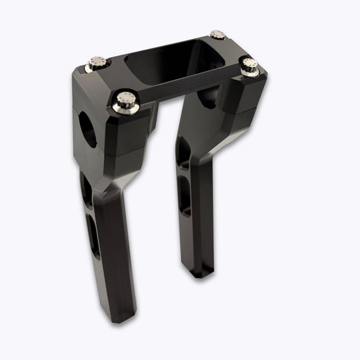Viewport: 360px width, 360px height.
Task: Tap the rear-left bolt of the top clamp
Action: point(96,62)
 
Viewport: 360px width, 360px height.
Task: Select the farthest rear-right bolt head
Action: point(217,35)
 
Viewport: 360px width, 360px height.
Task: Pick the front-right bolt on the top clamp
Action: point(250,65)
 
